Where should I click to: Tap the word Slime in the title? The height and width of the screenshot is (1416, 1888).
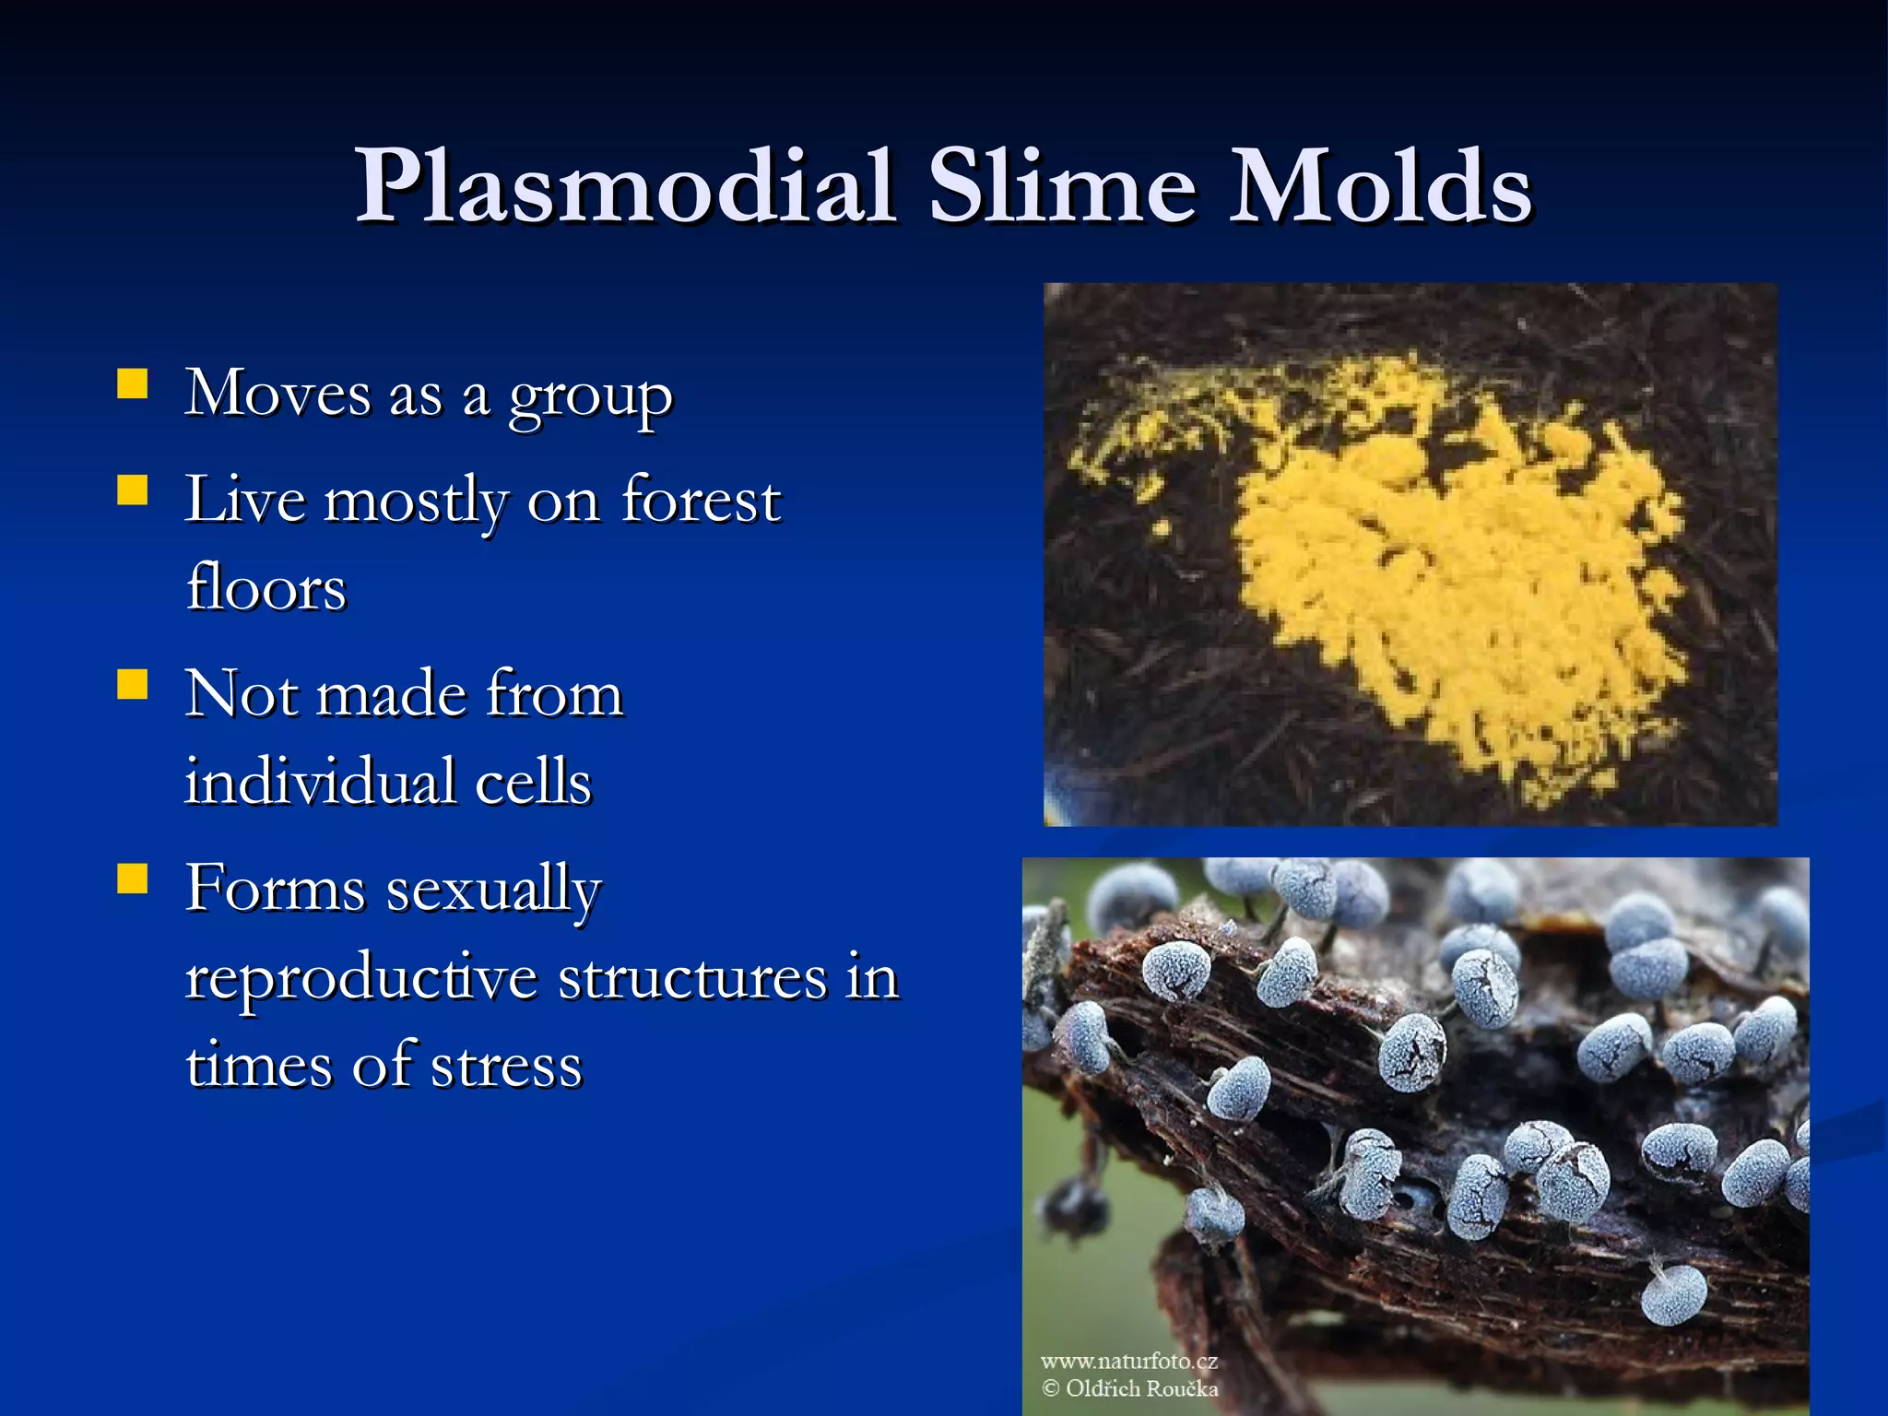click(x=1061, y=186)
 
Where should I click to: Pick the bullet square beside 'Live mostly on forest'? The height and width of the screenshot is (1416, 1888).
click(x=133, y=490)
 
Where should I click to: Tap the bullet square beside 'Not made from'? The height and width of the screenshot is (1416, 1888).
click(x=133, y=685)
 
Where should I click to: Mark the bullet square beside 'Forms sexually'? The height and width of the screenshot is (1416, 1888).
click(x=133, y=879)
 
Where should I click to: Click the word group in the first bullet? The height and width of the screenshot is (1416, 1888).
click(x=590, y=398)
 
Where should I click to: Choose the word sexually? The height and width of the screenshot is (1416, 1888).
click(x=493, y=891)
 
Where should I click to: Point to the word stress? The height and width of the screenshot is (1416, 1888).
click(x=506, y=1066)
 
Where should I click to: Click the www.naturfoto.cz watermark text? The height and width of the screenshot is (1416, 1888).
click(x=1128, y=1361)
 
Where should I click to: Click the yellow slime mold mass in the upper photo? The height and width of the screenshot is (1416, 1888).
click(x=1457, y=581)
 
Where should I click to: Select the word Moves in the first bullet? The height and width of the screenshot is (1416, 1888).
click(x=277, y=394)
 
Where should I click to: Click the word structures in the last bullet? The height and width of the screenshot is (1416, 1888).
click(x=692, y=978)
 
